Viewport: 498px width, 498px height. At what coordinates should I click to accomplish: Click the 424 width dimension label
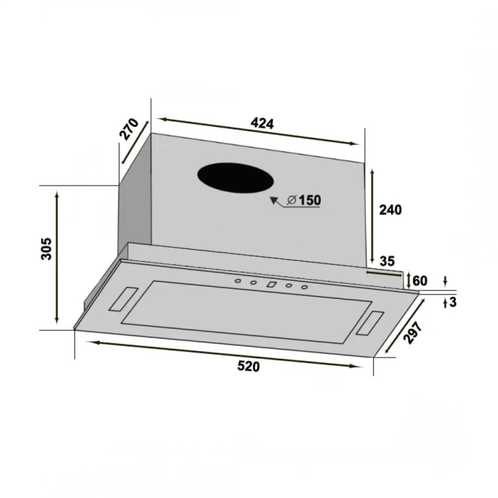pyautogui.click(x=262, y=123)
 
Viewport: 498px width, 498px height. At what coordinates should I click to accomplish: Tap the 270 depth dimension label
pyautogui.click(x=129, y=129)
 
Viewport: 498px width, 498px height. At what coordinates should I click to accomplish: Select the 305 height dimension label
pyautogui.click(x=46, y=248)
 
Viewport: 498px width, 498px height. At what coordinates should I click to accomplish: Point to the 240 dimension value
pyautogui.click(x=390, y=210)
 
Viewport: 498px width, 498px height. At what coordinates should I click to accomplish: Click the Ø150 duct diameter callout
pyautogui.click(x=304, y=200)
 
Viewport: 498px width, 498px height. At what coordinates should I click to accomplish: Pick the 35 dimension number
pyautogui.click(x=387, y=261)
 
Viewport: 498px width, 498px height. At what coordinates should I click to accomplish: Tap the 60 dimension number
pyautogui.click(x=420, y=281)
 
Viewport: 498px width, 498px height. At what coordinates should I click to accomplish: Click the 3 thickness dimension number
pyautogui.click(x=453, y=302)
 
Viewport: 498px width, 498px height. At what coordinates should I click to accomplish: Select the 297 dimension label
pyautogui.click(x=413, y=332)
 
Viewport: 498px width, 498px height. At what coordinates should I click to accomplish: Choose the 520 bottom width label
pyautogui.click(x=248, y=366)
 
